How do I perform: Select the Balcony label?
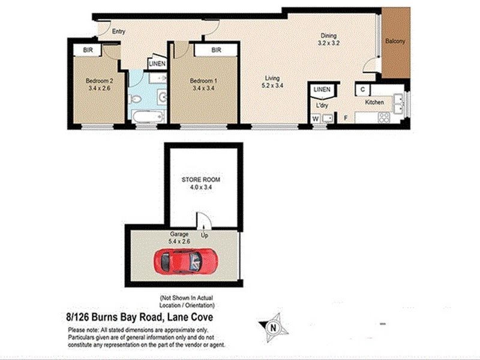click(x=395, y=41)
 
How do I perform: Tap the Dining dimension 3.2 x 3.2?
click(x=329, y=43)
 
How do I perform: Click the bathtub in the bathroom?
click(x=147, y=117)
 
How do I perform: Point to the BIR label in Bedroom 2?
click(x=89, y=50)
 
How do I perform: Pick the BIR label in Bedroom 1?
click(x=216, y=50)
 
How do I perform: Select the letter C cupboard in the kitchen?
click(x=364, y=90)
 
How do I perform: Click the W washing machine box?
click(x=315, y=118)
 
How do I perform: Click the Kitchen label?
click(x=375, y=103)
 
